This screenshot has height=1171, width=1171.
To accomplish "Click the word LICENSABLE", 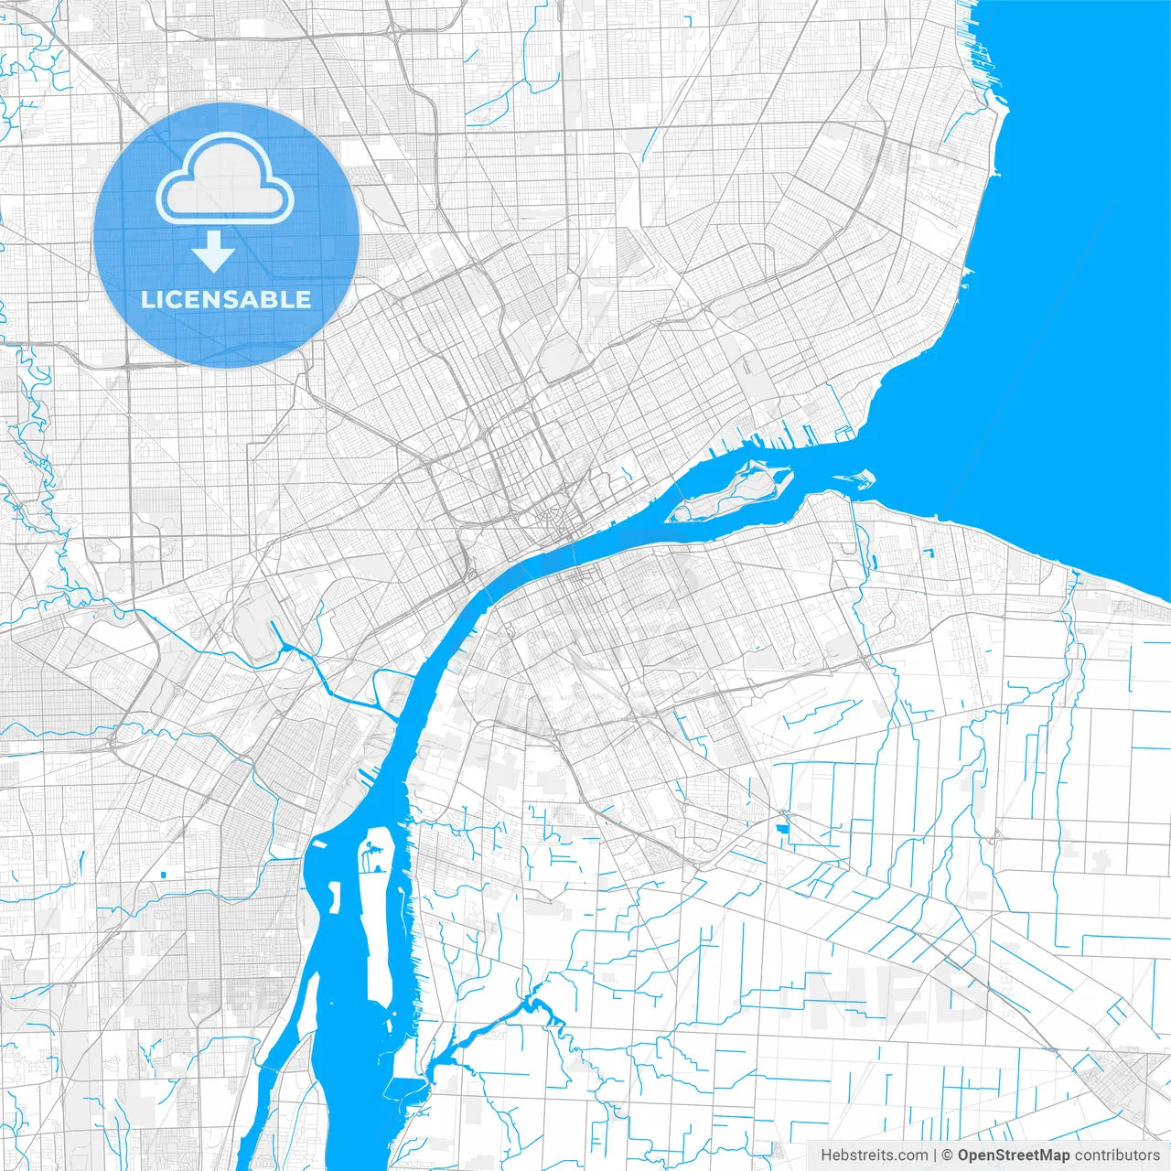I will [226, 299].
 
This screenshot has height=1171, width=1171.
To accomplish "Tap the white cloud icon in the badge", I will [225, 180].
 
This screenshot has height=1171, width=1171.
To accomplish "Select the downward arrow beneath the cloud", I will [214, 251].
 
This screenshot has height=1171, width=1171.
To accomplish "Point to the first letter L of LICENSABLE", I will [146, 299].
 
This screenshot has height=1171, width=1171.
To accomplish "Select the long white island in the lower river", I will [377, 915].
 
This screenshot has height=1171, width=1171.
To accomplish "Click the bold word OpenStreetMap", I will [1014, 1155].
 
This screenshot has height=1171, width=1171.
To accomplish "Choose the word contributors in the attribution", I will [1117, 1155].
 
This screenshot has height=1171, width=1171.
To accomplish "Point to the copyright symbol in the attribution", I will [948, 1155].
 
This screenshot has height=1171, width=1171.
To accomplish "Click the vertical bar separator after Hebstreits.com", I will [934, 1155].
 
